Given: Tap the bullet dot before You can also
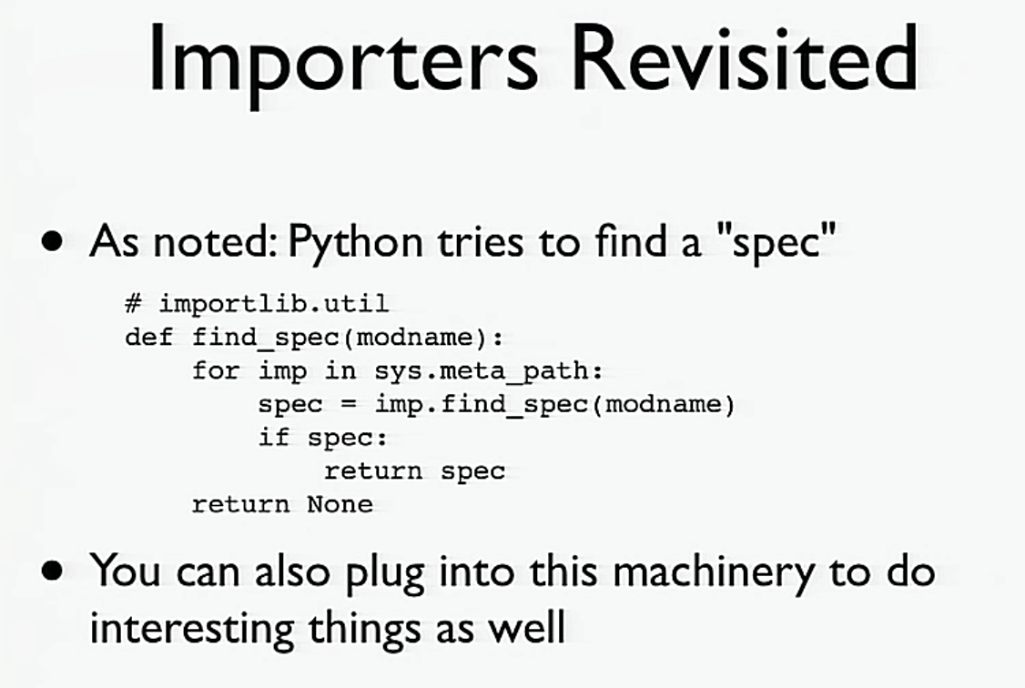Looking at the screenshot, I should point(55,571).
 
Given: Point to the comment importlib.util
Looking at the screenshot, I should point(273,303).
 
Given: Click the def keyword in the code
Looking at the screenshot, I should point(148,338).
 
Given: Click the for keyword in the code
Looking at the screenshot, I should point(215,371).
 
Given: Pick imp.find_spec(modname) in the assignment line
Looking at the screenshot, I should point(553,404).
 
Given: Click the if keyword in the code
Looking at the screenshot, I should point(273,438).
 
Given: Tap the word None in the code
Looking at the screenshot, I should point(340,504).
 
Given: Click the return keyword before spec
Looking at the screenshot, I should point(373,471).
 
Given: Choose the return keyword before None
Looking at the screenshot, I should point(240,504).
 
